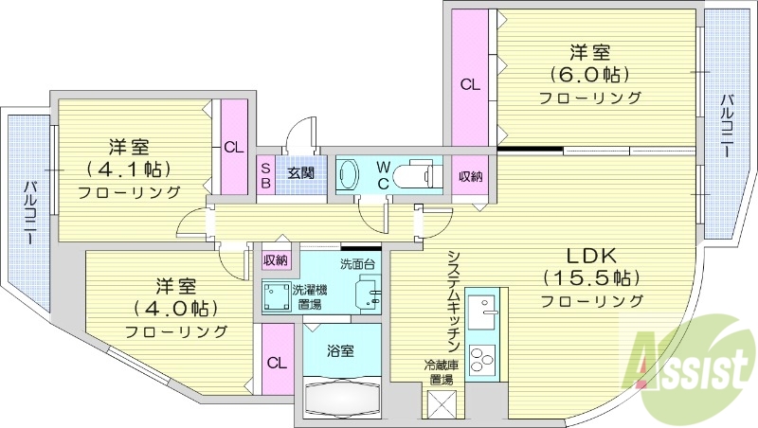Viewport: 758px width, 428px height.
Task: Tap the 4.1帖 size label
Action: click(x=129, y=170)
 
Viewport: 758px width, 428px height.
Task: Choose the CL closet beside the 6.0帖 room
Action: click(x=470, y=83)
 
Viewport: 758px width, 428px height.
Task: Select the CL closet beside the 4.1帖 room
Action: click(x=234, y=147)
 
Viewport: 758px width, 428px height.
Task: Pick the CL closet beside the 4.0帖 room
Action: click(x=277, y=363)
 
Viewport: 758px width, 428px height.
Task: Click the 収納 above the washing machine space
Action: click(x=276, y=260)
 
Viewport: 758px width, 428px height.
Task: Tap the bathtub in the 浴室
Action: click(x=342, y=395)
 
